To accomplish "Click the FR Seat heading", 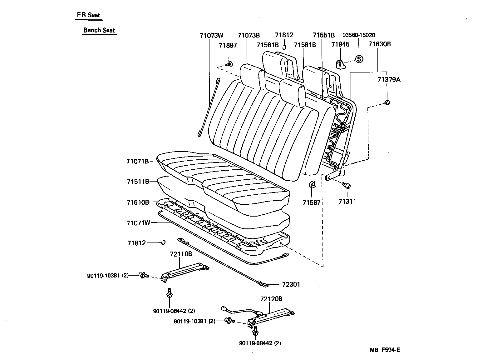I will (x=89, y=15).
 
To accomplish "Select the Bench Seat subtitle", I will (x=99, y=30).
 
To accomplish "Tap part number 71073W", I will (x=212, y=35).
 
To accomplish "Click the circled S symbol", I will (x=359, y=59).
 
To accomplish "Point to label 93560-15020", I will (x=359, y=35).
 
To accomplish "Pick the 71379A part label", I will (x=389, y=80).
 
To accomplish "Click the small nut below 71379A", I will (x=387, y=102).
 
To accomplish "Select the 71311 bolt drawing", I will (x=346, y=186).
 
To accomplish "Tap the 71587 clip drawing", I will (x=312, y=184).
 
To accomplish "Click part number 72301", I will (x=291, y=285).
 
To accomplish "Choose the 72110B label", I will (x=181, y=254).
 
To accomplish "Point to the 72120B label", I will (x=271, y=299).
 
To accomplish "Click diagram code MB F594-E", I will (x=385, y=350).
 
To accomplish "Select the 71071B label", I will (x=138, y=161).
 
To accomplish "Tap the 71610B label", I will (x=138, y=202).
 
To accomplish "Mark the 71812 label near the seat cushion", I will (x=136, y=243).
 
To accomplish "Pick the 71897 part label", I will (x=228, y=45).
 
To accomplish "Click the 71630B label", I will (x=379, y=44).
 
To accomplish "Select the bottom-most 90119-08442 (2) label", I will (x=260, y=343).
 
